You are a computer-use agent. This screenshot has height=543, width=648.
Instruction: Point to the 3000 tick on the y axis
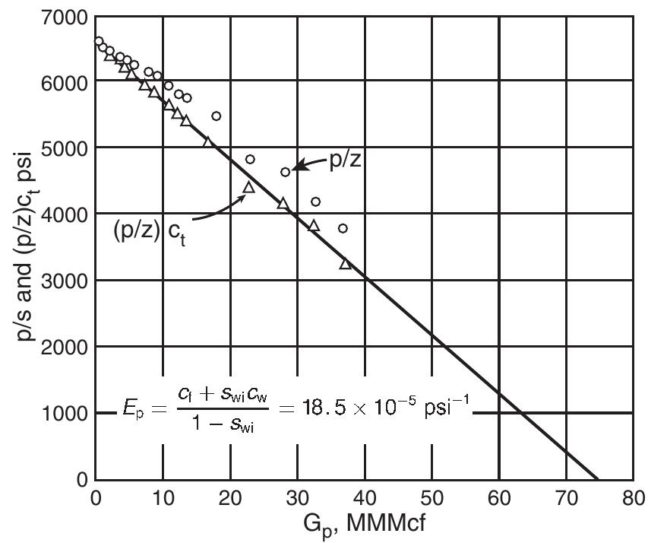(x=64, y=281)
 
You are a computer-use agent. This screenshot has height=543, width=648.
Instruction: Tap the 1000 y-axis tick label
(x=64, y=413)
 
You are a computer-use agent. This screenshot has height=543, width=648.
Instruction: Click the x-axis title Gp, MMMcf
(x=362, y=525)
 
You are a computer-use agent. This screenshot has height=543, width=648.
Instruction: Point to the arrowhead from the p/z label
(x=296, y=168)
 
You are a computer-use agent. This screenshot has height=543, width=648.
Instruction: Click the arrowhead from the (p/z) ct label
(x=245, y=193)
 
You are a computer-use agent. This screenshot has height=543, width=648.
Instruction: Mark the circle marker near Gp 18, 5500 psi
(x=217, y=116)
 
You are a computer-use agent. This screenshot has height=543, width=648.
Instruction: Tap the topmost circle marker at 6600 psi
(x=99, y=41)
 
